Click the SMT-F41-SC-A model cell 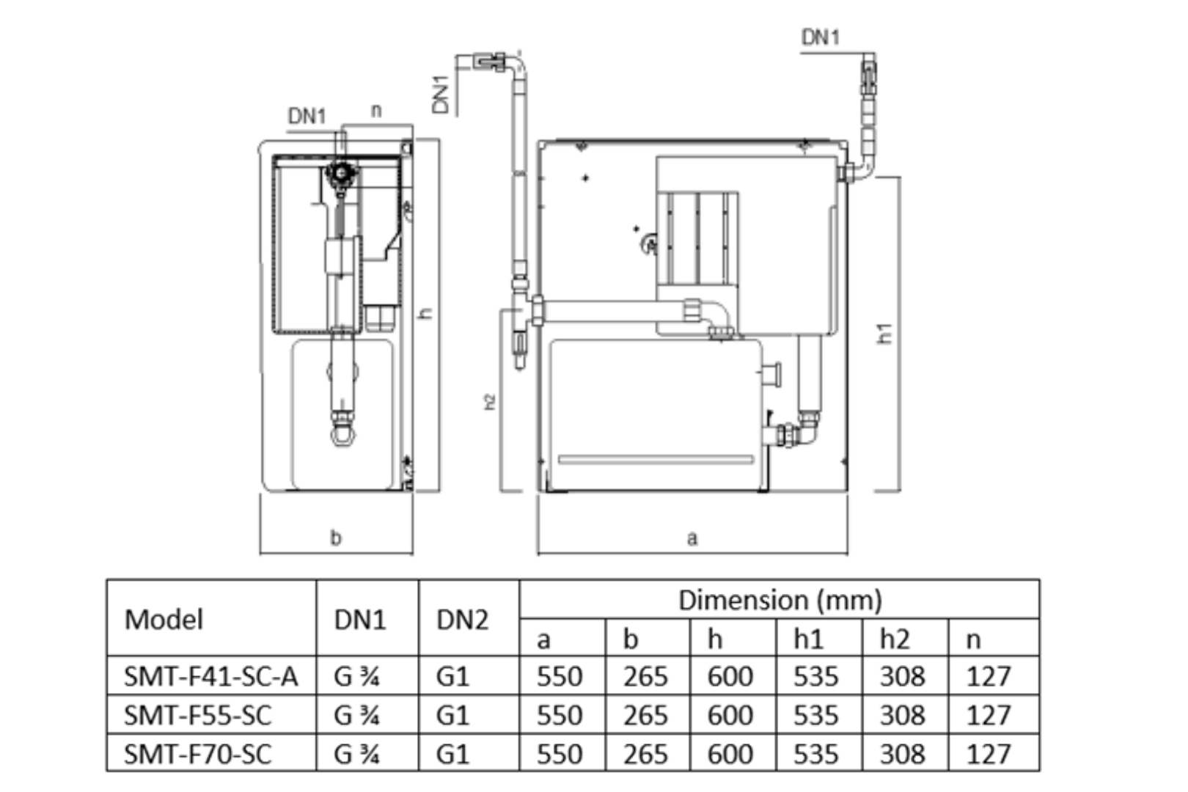pyautogui.click(x=211, y=676)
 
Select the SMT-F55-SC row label pyautogui.click(x=197, y=715)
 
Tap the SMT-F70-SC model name pyautogui.click(x=197, y=754)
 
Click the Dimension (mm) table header pyautogui.click(x=780, y=601)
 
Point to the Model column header pyautogui.click(x=164, y=619)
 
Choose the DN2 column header pyautogui.click(x=462, y=620)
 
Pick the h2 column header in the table pyautogui.click(x=895, y=639)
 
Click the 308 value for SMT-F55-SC pyautogui.click(x=902, y=715)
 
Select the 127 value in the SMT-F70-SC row pyautogui.click(x=989, y=754)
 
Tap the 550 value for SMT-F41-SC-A pyautogui.click(x=559, y=676)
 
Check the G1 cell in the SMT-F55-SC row pyautogui.click(x=452, y=715)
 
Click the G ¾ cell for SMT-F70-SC pyautogui.click(x=356, y=754)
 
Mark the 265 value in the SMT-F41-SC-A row pyautogui.click(x=645, y=676)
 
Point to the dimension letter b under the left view pyautogui.click(x=336, y=538)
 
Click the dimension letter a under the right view pyautogui.click(x=692, y=539)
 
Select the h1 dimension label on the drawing pyautogui.click(x=885, y=334)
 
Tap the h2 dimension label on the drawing pyautogui.click(x=490, y=402)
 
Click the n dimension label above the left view pyautogui.click(x=376, y=111)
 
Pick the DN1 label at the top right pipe pyautogui.click(x=820, y=37)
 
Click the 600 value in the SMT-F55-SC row pyautogui.click(x=730, y=715)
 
